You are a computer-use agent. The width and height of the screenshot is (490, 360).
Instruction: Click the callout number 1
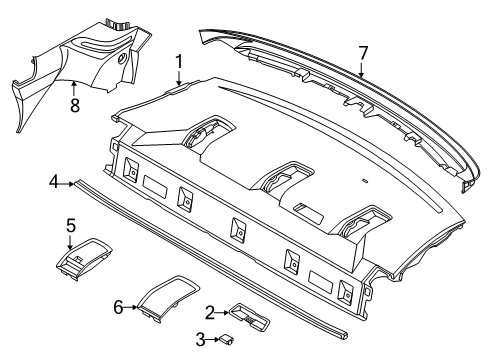click(x=179, y=63)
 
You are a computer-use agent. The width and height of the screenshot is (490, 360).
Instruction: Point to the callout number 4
click(x=52, y=182)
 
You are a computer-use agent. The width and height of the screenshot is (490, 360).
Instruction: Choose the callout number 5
click(x=71, y=225)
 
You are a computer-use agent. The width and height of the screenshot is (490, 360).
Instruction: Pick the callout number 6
click(x=119, y=308)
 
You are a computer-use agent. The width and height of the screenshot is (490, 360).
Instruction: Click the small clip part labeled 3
click(x=228, y=340)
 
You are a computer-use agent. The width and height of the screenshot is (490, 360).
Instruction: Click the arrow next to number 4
click(x=67, y=182)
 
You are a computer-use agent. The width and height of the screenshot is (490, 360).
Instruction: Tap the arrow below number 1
click(x=179, y=80)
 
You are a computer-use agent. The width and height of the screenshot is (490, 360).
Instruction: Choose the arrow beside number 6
click(x=132, y=308)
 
